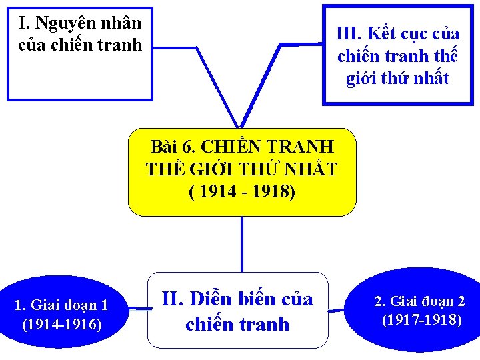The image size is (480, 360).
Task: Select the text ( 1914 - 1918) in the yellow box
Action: click(241, 192)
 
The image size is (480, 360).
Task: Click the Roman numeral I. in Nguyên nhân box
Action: click(25, 23)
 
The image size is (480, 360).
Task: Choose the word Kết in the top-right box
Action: click(382, 34)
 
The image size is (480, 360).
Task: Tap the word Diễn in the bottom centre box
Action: click(212, 299)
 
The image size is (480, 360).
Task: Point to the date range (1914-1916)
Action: click(62, 325)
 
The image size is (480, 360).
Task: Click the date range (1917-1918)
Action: click(421, 320)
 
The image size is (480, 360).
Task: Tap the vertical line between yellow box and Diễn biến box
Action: click(241, 244)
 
